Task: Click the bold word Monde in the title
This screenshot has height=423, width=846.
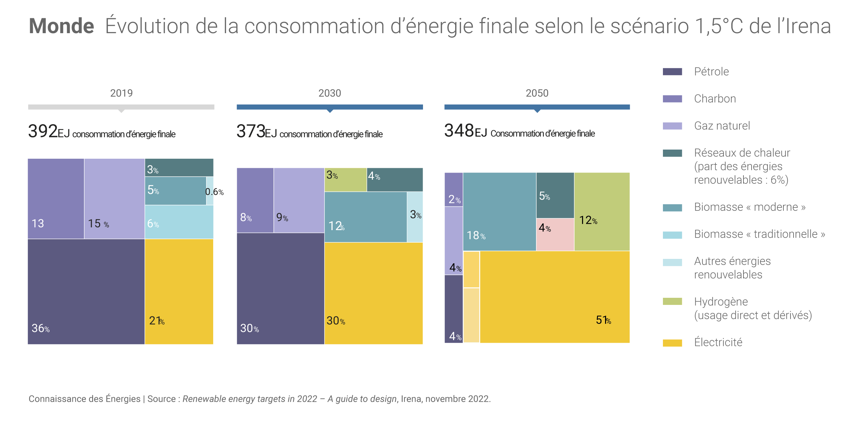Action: pos(61,26)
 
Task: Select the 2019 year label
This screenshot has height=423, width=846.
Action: pos(121,93)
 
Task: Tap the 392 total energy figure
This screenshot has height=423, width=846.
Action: pos(43,131)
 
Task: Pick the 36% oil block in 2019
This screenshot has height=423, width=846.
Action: pos(86,291)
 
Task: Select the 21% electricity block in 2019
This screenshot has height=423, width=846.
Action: pos(179,291)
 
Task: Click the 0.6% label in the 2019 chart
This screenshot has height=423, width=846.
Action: pos(214,192)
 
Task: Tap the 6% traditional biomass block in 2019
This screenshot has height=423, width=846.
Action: pos(179,222)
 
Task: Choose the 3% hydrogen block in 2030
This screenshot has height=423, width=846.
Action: pos(346,180)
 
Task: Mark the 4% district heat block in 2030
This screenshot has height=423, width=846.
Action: pos(395,180)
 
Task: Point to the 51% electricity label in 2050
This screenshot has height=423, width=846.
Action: pos(603,320)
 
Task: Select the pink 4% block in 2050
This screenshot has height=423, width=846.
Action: pos(555,235)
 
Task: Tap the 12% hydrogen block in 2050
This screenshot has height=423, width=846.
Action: pos(602,211)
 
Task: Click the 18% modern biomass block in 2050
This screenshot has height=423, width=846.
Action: pos(499,211)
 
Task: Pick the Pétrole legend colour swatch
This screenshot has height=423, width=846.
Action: pos(672,72)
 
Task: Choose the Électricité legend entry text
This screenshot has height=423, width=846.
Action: pos(718,342)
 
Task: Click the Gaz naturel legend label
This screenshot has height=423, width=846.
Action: pos(722,126)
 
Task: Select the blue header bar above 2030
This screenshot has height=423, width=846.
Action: pos(330,107)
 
